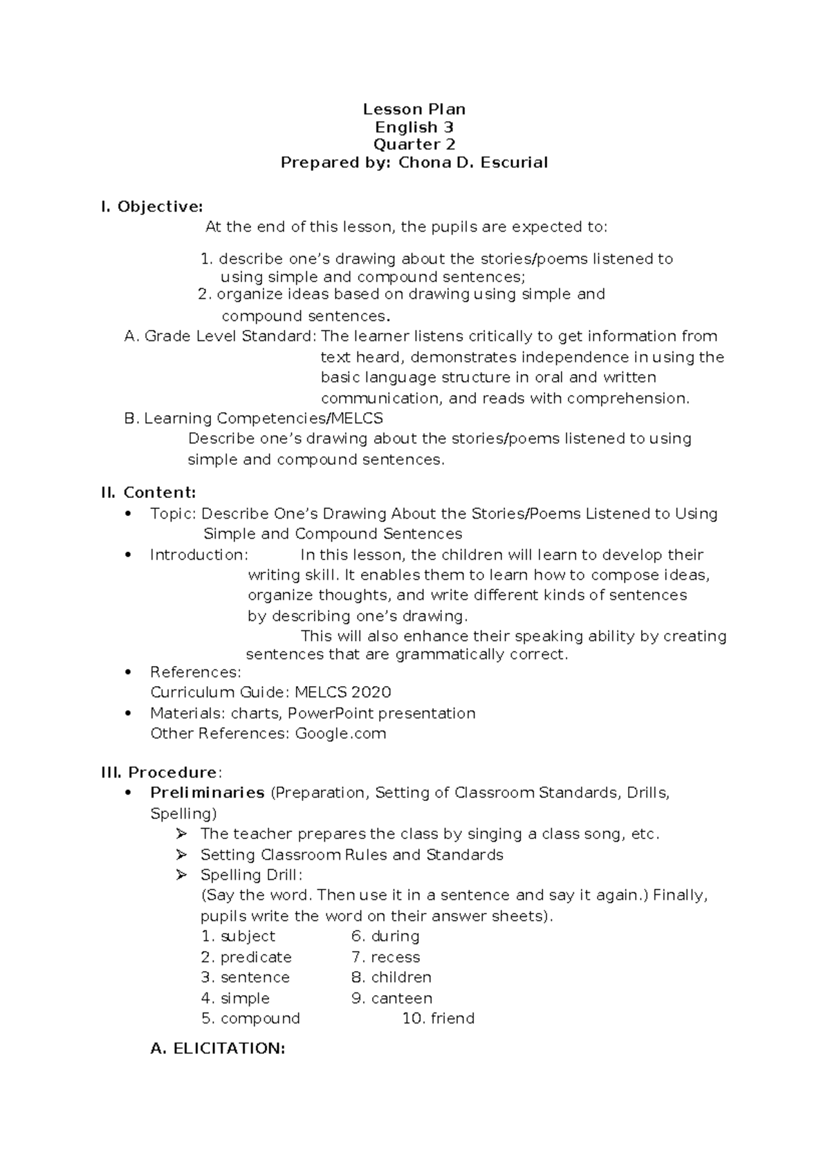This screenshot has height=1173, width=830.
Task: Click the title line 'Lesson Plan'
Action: [414, 109]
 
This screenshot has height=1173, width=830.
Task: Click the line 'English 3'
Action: [414, 127]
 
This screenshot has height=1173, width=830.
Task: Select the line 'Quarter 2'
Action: [414, 145]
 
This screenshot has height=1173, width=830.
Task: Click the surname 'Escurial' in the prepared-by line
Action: [515, 163]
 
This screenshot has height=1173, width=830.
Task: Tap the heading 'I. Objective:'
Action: [152, 206]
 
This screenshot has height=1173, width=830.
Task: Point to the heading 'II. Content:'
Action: [149, 492]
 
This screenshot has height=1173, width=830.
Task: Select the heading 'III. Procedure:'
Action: [162, 772]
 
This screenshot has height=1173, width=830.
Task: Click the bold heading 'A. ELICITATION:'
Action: [218, 1049]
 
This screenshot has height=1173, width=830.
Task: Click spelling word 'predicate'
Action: [255, 957]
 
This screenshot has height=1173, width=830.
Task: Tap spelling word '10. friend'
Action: [439, 1018]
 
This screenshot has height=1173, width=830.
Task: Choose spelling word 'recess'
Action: [395, 957]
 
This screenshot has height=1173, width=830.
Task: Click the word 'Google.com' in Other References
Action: [340, 733]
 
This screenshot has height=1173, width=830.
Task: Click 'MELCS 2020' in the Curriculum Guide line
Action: [343, 692]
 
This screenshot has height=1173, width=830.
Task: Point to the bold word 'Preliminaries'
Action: [207, 793]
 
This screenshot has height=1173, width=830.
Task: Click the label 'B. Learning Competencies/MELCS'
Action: [253, 418]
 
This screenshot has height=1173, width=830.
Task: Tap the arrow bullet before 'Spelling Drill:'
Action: [182, 875]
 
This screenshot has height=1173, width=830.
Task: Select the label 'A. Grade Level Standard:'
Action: [220, 336]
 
